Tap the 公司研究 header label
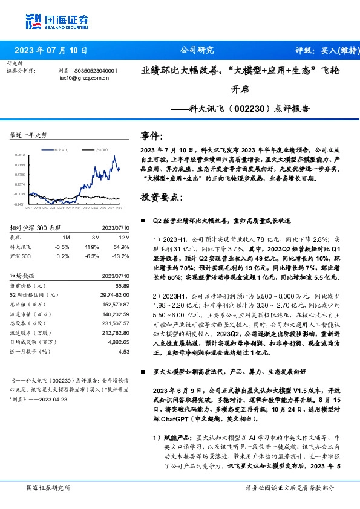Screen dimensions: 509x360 [197, 50]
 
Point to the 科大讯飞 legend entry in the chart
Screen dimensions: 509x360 [64, 148]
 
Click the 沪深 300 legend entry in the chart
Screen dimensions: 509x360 [100, 148]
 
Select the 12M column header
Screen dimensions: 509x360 [123, 238]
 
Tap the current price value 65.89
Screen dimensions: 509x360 [123, 285]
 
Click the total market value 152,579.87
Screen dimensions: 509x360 [116, 303]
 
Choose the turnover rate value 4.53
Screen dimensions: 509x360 [125, 351]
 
